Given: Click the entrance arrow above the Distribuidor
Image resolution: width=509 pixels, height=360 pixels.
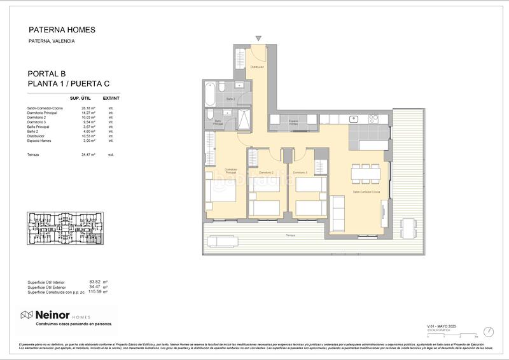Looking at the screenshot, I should (x=258, y=39).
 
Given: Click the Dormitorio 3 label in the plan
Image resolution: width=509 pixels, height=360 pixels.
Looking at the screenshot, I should (x=300, y=172).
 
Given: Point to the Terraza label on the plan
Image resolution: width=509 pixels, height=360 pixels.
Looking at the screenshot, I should (x=290, y=235).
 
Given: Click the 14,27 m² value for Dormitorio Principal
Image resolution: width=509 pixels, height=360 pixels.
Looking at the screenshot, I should (x=88, y=113).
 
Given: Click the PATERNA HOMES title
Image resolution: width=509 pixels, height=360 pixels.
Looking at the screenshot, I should (x=62, y=29).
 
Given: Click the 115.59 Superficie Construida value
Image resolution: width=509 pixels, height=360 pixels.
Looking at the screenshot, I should (x=94, y=292).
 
